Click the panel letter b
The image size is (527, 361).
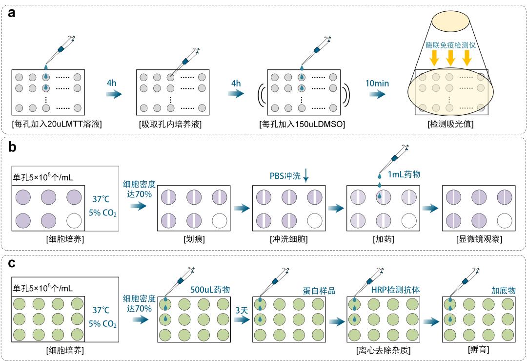point(11,147)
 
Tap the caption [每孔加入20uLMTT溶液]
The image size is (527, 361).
point(57,124)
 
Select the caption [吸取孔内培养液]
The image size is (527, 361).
point(170,124)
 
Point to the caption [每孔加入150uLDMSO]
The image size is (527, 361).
point(302,124)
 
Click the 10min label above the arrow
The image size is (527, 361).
point(377,83)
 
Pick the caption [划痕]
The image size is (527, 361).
point(194,239)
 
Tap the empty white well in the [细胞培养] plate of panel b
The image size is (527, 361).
point(73,220)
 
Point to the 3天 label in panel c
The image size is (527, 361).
point(241,309)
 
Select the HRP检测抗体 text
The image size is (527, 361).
point(396,290)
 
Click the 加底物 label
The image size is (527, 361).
point(503,290)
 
